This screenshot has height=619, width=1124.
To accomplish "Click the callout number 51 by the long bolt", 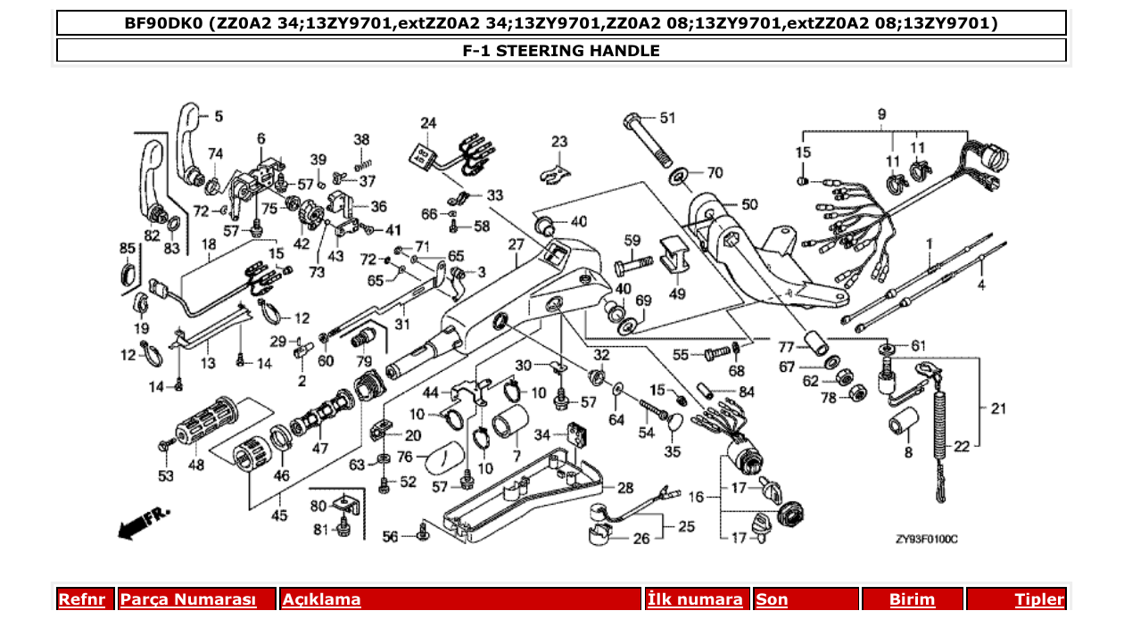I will coord(668,118).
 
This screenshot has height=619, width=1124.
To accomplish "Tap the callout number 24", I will coord(428,122).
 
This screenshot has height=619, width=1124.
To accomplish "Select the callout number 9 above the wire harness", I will coord(881,113).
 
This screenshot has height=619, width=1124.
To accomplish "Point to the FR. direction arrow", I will coord(144,523).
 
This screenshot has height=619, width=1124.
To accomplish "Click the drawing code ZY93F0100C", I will coord(926,540).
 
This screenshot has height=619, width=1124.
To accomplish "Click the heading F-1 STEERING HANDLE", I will coord(561,51).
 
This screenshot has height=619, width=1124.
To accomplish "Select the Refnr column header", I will coord(81,599).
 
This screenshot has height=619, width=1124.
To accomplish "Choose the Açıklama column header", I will coord(322,599).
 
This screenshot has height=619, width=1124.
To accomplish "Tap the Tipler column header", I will coord(1038,599).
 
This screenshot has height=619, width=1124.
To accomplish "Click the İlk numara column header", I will coord(695,599).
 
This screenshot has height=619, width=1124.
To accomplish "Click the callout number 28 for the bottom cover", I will coord(625,487).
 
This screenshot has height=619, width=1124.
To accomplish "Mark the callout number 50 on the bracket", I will coord(749,204).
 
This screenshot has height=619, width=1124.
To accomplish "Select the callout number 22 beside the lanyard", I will coord(961,446).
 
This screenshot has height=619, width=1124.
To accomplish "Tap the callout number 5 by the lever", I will coord(219,116).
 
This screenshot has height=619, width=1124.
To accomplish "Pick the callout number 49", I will coord(677,293).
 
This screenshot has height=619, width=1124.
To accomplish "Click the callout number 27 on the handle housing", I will coord(516,244).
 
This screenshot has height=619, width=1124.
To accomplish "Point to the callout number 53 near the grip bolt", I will coord(166,477).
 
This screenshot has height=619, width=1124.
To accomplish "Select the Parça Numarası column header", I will coord(188,599).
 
